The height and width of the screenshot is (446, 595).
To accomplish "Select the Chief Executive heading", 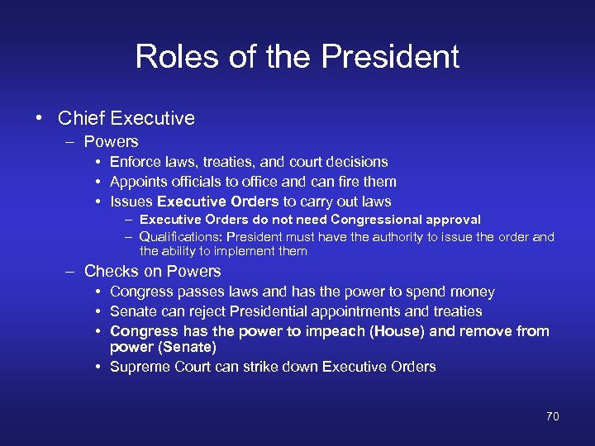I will pyautogui.click(x=126, y=118).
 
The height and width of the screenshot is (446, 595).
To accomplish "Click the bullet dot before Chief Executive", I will pyautogui.click(x=40, y=118).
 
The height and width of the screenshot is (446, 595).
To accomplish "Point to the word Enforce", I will pyautogui.click(x=136, y=162).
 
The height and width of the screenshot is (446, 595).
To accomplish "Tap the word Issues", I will pyautogui.click(x=131, y=202).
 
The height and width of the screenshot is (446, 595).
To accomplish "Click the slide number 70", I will pyautogui.click(x=552, y=416).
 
